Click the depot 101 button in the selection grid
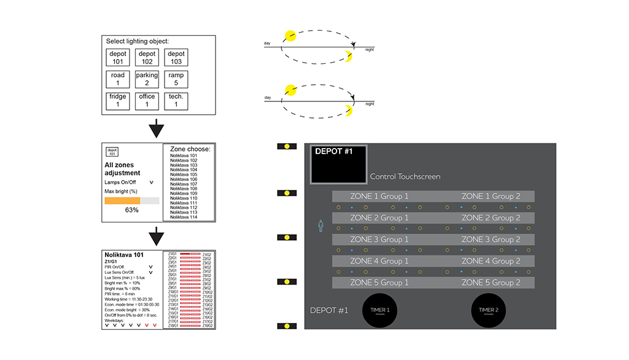(118, 58)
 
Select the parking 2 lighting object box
(147, 79)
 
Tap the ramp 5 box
(176, 79)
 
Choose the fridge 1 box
(118, 101)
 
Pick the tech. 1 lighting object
(176, 101)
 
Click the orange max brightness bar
(122, 200)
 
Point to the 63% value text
(131, 210)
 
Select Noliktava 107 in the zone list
(184, 184)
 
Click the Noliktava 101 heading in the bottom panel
(125, 254)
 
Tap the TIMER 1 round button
(378, 311)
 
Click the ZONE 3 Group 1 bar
(379, 240)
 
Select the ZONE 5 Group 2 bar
(491, 283)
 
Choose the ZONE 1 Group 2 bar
(491, 196)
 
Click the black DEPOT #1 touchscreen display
(338, 165)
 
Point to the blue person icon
(320, 227)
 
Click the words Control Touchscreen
(405, 177)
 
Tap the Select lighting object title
(138, 42)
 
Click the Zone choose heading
(190, 149)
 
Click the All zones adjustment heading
(122, 169)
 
